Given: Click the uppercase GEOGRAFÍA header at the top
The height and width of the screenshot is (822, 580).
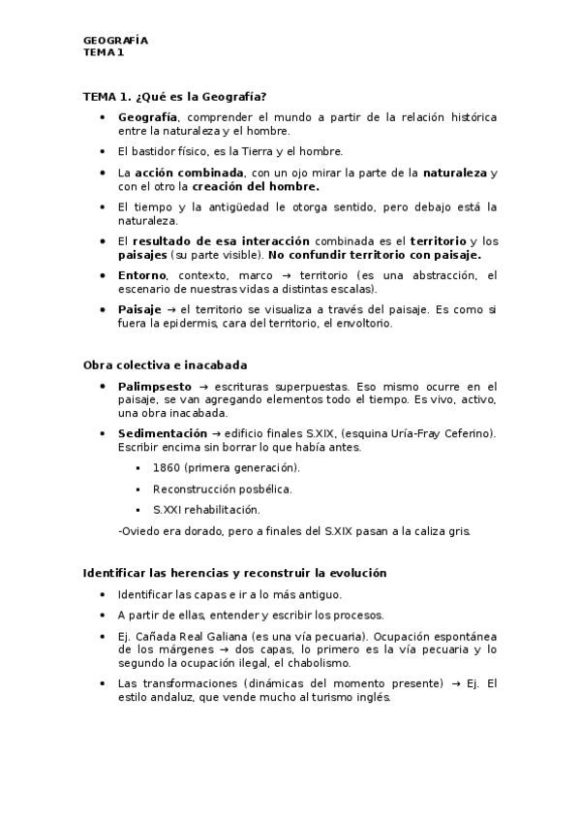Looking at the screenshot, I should [115, 41].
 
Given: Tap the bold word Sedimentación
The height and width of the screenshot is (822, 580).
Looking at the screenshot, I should [162, 432].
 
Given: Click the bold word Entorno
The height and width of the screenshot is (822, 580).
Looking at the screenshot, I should [140, 275].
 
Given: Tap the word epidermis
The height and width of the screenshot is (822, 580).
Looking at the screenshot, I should [194, 324].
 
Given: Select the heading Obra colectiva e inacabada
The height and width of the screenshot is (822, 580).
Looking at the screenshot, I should [165, 364].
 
